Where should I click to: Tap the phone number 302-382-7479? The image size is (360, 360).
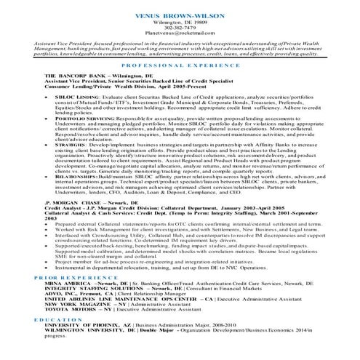[180, 29]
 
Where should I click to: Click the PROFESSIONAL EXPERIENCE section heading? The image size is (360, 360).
[180, 65]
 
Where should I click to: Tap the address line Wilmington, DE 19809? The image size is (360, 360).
[180, 23]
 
